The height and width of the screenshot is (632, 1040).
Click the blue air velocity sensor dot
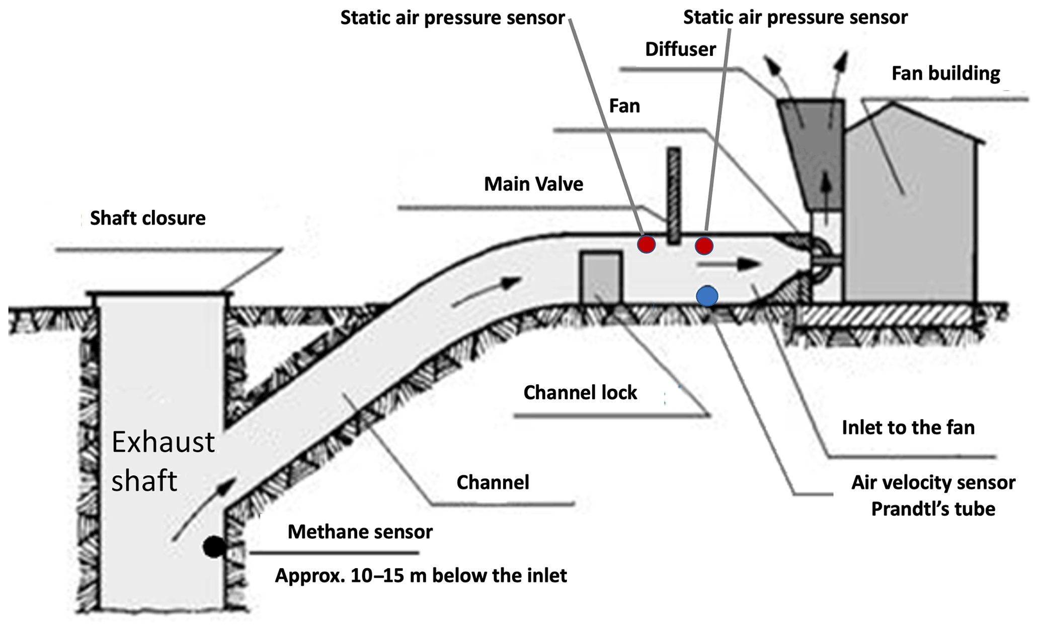pyautogui.click(x=707, y=296)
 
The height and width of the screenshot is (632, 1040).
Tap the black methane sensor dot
pyautogui.click(x=214, y=547)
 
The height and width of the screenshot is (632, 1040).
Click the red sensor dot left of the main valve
pyautogui.click(x=646, y=244)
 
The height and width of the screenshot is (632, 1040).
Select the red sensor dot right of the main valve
pyautogui.click(x=704, y=246)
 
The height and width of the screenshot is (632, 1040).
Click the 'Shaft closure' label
pyautogui.click(x=147, y=218)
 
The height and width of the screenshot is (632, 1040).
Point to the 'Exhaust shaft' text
pyautogui.click(x=163, y=461)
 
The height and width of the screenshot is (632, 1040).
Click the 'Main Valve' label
pyautogui.click(x=533, y=184)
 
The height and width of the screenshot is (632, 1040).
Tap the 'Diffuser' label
pyautogui.click(x=680, y=49)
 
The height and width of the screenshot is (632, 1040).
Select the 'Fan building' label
pyautogui.click(x=945, y=74)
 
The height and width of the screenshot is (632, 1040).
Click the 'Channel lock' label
pyautogui.click(x=580, y=392)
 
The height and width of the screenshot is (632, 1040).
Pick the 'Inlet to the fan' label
pyautogui.click(x=908, y=428)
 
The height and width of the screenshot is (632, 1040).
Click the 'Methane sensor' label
pyautogui.click(x=360, y=532)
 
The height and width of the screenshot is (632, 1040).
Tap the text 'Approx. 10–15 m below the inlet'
pyautogui.click(x=421, y=575)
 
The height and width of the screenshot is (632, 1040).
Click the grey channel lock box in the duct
pyautogui.click(x=601, y=277)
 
